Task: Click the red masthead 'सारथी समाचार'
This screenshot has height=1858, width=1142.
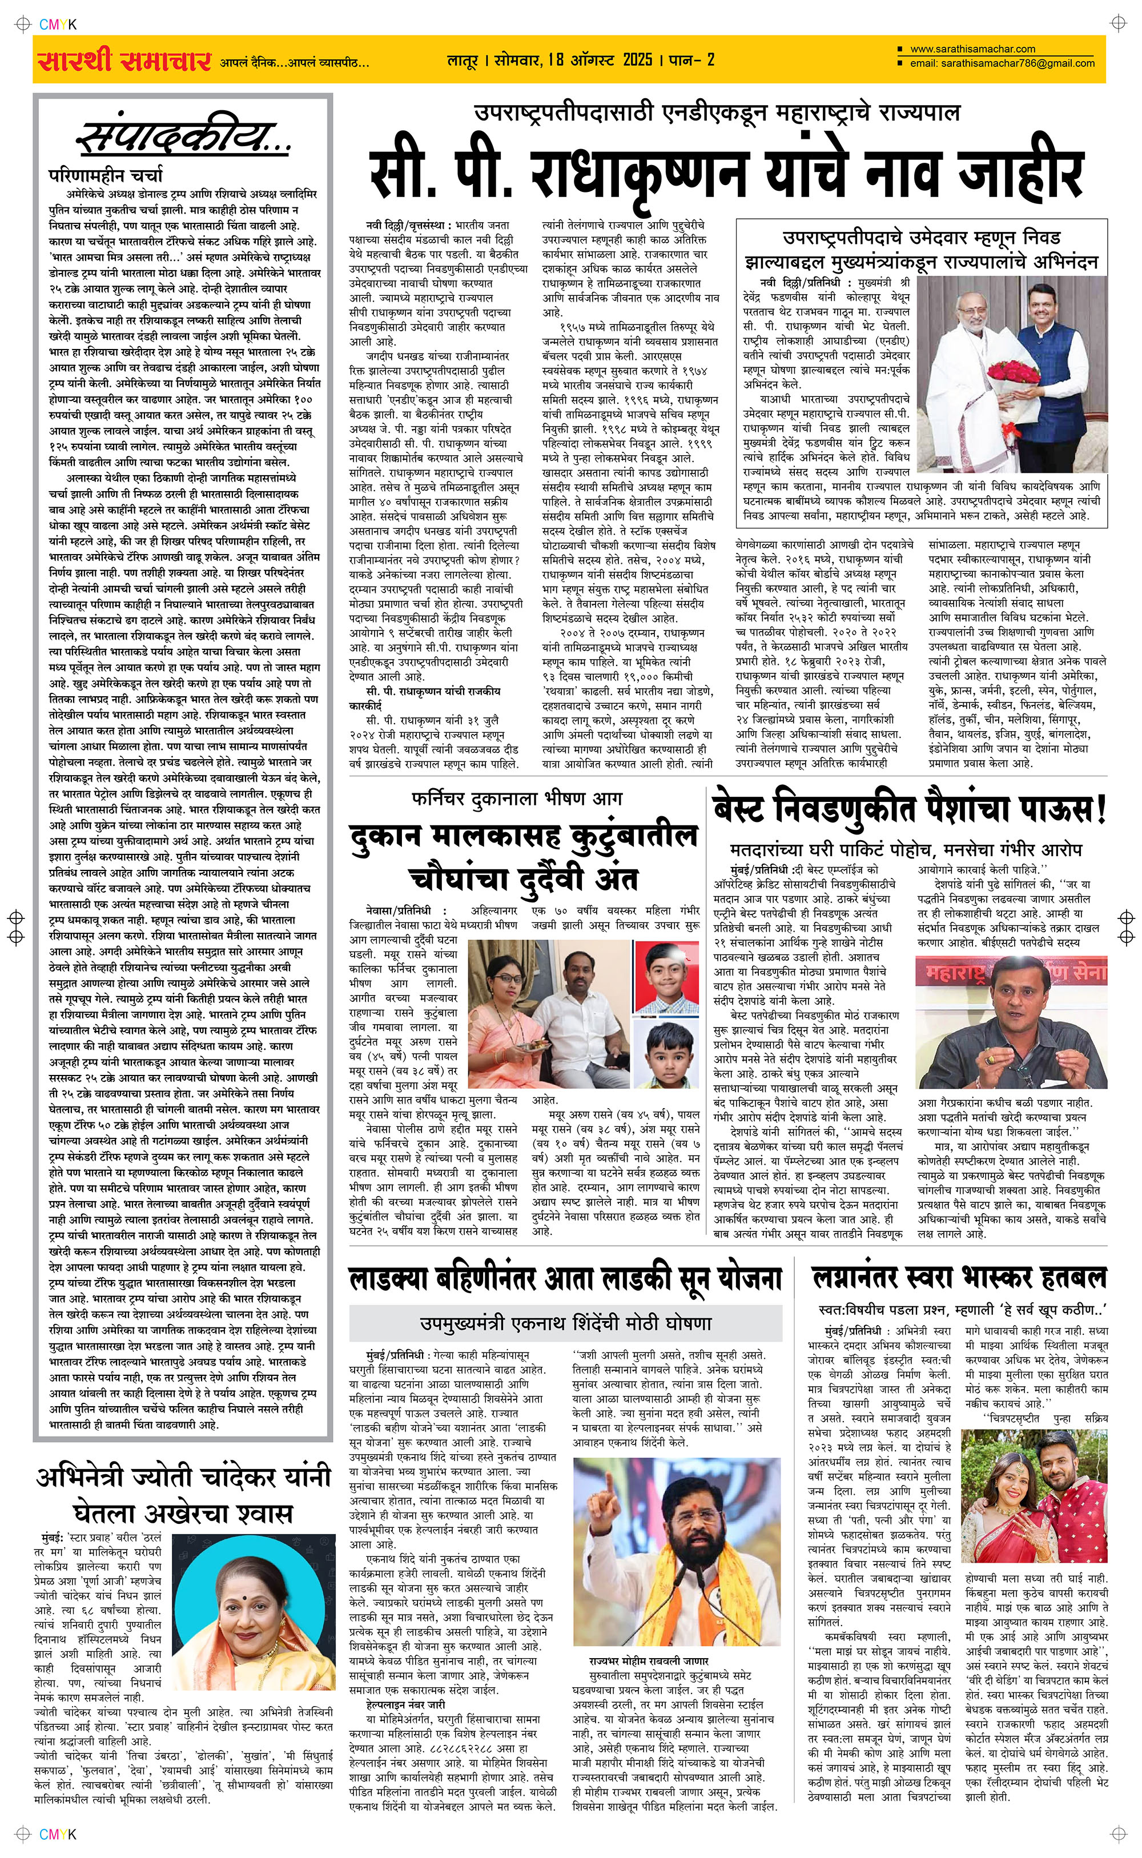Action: point(123,61)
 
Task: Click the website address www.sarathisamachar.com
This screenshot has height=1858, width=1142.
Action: point(973,49)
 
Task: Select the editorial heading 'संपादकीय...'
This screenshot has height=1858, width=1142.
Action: point(183,138)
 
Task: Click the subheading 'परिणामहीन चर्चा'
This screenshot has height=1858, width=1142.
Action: point(105,175)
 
